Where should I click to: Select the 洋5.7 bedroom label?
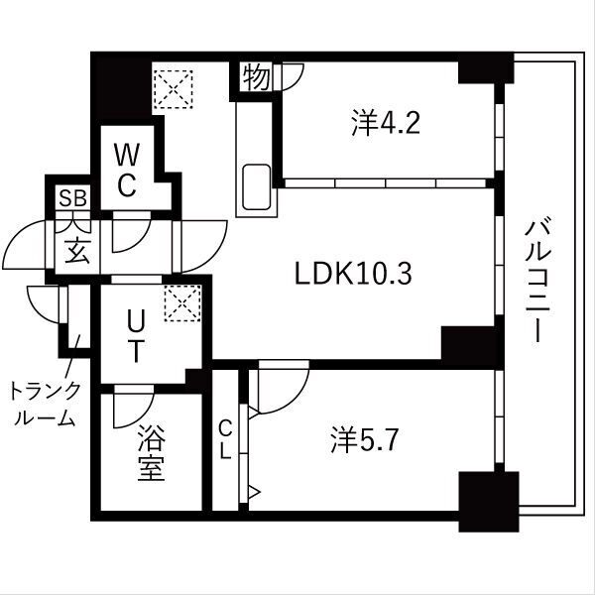click(364, 439)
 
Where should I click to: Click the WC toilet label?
click(130, 171)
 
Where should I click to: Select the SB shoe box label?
click(71, 198)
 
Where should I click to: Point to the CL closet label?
click(226, 439)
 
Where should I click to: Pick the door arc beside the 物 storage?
click(291, 78)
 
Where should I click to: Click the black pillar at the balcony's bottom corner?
click(488, 500)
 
